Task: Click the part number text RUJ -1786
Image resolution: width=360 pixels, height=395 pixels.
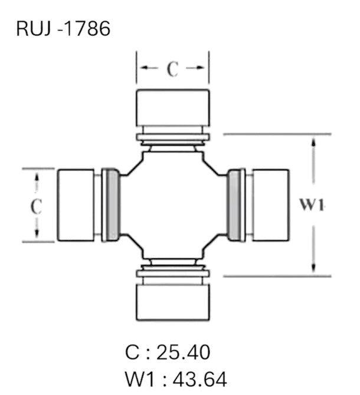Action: (64, 28)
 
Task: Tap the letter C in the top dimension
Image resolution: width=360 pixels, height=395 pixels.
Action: (172, 70)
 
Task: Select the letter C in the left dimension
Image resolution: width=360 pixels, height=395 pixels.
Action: (37, 206)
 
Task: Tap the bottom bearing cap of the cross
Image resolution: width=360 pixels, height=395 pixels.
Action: (172, 302)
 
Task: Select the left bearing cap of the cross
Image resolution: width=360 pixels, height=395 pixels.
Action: (76, 205)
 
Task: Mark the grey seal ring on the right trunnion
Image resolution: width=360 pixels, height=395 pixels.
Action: (235, 205)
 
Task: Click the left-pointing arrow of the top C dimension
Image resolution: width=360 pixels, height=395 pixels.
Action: (144, 69)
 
